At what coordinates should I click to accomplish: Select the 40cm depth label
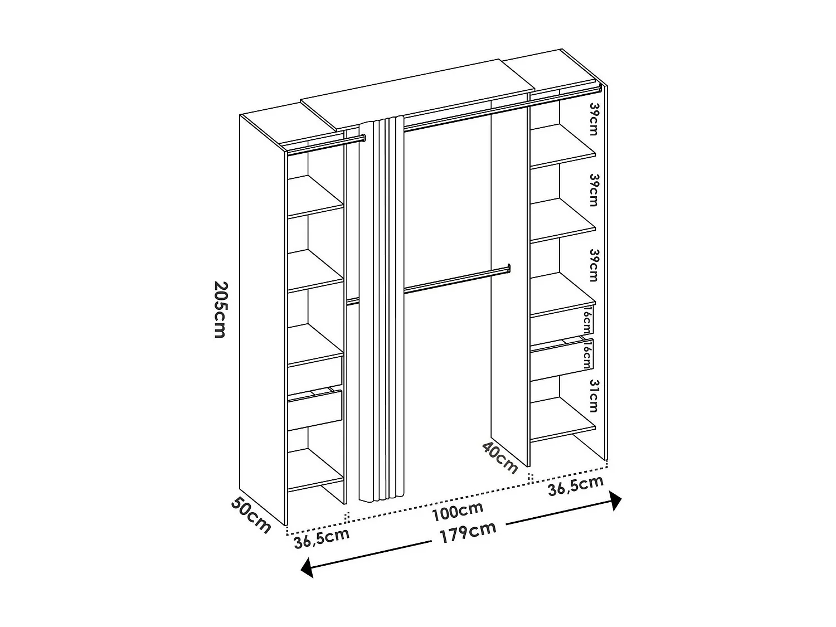(500, 456)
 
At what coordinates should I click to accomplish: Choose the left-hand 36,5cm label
(322, 538)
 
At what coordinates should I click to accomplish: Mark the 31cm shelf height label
(593, 396)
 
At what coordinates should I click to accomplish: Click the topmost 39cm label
(594, 119)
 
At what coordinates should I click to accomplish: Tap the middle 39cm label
(594, 189)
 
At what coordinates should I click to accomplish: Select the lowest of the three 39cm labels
(594, 265)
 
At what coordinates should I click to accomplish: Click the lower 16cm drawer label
(586, 354)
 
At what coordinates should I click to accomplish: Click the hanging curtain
(382, 307)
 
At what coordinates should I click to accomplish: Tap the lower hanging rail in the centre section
(457, 279)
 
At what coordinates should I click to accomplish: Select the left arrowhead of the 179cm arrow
(307, 568)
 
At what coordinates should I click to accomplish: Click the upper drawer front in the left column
(315, 370)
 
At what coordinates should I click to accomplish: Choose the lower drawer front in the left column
(315, 409)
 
